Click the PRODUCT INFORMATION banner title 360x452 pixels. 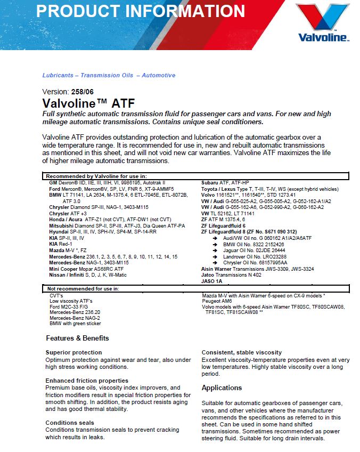pos(141,11)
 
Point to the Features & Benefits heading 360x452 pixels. pos(77,338)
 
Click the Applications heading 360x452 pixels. pos(222,388)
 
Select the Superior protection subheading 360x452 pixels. pos(73,352)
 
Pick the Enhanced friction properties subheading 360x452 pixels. pos(87,381)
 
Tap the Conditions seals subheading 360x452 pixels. pos(70,423)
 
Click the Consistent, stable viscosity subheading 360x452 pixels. pos(242,352)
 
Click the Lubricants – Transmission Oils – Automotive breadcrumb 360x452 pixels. pos(109,75)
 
